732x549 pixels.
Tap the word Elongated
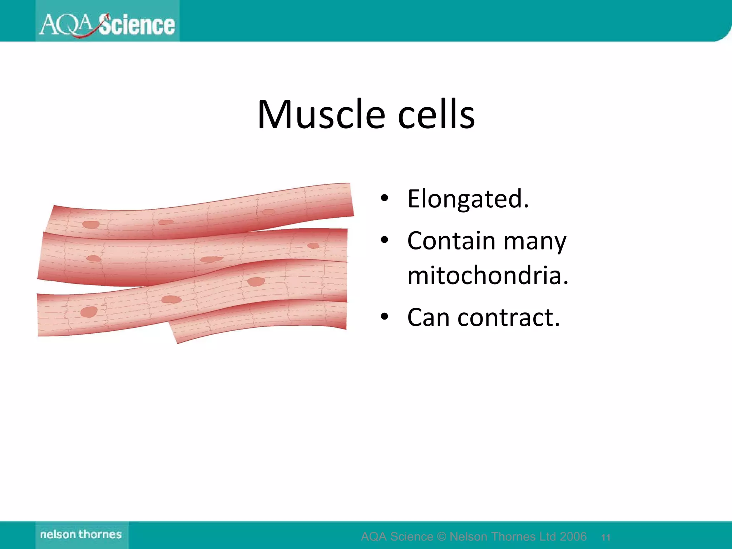point(468,199)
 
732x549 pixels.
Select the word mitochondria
point(488,276)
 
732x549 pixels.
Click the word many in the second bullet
point(535,241)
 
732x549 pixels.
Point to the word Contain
point(451,241)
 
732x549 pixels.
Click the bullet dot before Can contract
point(384,317)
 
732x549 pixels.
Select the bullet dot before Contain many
point(384,240)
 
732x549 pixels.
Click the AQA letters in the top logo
point(66,25)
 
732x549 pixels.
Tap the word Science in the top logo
point(137,25)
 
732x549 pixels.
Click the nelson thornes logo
point(81,534)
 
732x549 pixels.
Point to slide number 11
point(605,537)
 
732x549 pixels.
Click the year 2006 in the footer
point(573,536)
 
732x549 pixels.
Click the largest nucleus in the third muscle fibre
point(256,282)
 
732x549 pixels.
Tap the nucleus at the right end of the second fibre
point(313,246)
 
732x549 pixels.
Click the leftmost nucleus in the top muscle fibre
point(91,224)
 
